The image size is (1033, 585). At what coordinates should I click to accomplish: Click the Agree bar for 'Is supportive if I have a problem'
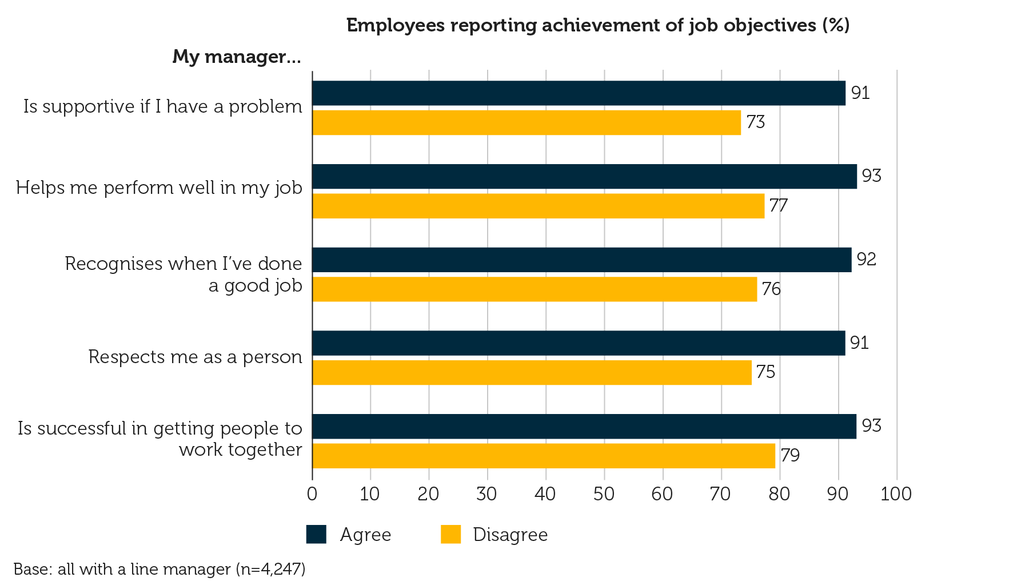tap(579, 93)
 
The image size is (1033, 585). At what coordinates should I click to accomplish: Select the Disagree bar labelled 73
tap(527, 122)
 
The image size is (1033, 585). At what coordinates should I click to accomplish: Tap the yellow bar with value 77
tap(538, 206)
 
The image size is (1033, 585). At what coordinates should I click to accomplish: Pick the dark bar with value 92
tap(581, 260)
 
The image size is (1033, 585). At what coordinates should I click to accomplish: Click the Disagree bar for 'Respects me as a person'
tap(532, 372)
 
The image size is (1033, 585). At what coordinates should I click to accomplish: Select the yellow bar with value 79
tap(544, 456)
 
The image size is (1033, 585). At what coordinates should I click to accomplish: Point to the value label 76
tap(771, 289)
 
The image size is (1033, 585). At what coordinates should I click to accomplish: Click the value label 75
tap(765, 372)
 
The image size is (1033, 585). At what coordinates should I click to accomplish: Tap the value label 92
tap(866, 260)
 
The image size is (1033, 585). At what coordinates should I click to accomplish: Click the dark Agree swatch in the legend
tap(316, 534)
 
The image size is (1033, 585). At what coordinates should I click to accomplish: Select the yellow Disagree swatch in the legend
tap(450, 534)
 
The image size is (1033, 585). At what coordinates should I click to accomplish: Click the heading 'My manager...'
tap(236, 57)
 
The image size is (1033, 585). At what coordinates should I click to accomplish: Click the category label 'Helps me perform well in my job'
tap(159, 188)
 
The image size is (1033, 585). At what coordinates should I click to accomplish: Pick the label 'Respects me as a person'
tap(195, 357)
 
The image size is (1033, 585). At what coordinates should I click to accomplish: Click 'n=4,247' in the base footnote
tap(270, 569)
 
